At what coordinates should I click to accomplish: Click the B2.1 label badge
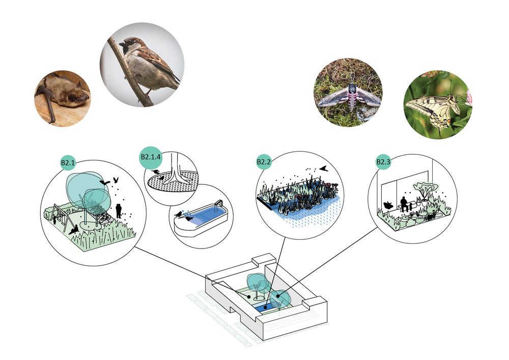pyautogui.click(x=68, y=163)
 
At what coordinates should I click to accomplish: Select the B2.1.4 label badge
pyautogui.click(x=150, y=157)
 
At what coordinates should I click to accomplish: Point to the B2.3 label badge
pyautogui.click(x=383, y=162)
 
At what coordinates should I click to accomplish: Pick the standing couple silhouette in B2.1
pyautogui.click(x=119, y=209)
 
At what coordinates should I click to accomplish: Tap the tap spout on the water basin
pyautogui.click(x=220, y=203)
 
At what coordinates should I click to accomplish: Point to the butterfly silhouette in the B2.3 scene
pyautogui.click(x=388, y=205)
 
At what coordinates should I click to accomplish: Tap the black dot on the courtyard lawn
pyautogui.click(x=249, y=295)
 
